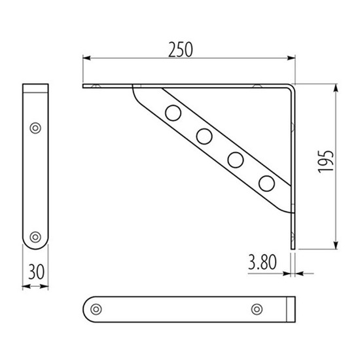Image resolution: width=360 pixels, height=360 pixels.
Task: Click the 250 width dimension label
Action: click(x=181, y=50)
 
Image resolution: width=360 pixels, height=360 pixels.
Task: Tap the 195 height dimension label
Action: click(x=325, y=162)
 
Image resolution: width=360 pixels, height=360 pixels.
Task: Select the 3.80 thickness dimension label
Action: click(x=262, y=262)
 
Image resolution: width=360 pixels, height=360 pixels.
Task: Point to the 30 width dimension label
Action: click(x=36, y=272)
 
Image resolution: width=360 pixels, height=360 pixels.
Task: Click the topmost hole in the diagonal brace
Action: click(x=173, y=113)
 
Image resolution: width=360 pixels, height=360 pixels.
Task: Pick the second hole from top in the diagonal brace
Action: click(x=204, y=136)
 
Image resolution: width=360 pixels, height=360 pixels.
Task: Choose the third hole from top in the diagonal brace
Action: click(x=236, y=160)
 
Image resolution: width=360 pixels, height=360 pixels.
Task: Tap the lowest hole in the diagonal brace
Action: click(x=266, y=183)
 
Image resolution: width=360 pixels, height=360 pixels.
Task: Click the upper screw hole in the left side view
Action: click(x=35, y=128)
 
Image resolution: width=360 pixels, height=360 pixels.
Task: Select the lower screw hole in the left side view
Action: click(x=35, y=237)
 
